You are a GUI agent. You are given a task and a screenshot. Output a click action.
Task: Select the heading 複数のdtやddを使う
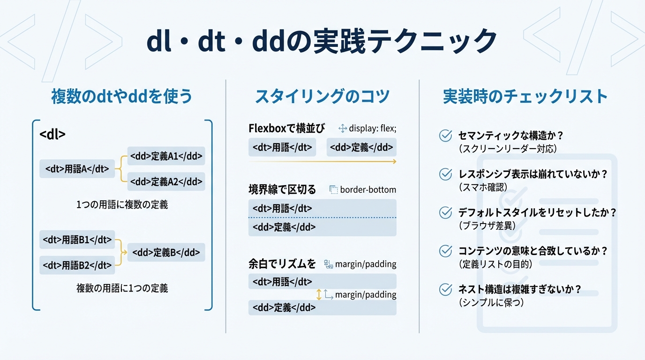pyautogui.click(x=122, y=96)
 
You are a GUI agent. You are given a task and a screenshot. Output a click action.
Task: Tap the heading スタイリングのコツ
pyautogui.click(x=322, y=96)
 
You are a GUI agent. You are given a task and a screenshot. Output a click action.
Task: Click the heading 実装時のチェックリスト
pyautogui.click(x=525, y=96)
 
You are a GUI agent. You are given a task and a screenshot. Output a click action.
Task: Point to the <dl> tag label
pyautogui.click(x=52, y=134)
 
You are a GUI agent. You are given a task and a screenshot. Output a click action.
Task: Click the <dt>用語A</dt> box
pyautogui.click(x=77, y=169)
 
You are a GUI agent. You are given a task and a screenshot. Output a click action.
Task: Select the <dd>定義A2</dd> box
pyautogui.click(x=166, y=181)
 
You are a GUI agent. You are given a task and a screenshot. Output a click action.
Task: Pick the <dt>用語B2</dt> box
pyautogui.click(x=77, y=265)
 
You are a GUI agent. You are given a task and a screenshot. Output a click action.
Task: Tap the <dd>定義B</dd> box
pyautogui.click(x=166, y=253)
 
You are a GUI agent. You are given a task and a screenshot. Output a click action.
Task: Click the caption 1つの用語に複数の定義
pyautogui.click(x=122, y=205)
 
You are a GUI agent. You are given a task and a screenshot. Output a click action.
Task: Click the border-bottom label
pyautogui.click(x=368, y=190)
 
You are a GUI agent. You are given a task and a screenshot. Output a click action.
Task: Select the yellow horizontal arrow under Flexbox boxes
pyautogui.click(x=322, y=161)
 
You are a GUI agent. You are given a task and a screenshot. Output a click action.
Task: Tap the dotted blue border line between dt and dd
pyautogui.click(x=322, y=218)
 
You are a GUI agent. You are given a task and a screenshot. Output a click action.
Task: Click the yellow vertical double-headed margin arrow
pyautogui.click(x=319, y=294)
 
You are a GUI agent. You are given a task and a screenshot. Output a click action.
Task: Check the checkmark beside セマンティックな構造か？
pyautogui.click(x=445, y=135)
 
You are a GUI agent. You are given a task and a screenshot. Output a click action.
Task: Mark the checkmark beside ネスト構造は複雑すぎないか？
pyautogui.click(x=445, y=289)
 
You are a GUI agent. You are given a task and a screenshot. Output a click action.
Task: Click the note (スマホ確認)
pyautogui.click(x=483, y=187)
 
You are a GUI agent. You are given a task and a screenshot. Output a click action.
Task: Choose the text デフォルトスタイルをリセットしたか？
pyautogui.click(x=537, y=212)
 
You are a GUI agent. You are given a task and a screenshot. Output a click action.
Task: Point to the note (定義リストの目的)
pyautogui.click(x=495, y=264)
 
